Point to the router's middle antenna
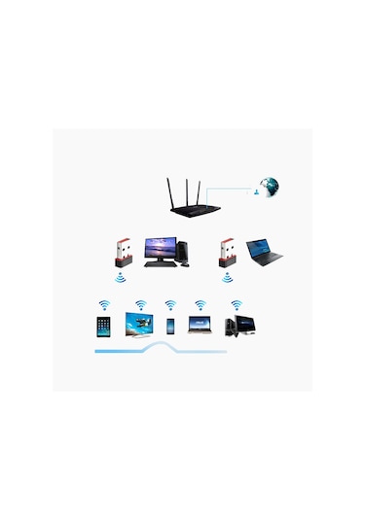tap(184, 188)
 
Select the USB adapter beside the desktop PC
tap(120, 253)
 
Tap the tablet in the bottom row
tap(102, 326)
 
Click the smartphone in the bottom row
tap(170, 326)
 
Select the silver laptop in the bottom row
tap(202, 325)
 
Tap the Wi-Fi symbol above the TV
tap(140, 303)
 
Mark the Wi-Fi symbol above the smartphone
tap(170, 303)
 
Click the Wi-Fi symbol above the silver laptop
tap(201, 303)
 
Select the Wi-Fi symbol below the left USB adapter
tap(120, 279)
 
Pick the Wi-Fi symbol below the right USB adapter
tap(229, 279)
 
